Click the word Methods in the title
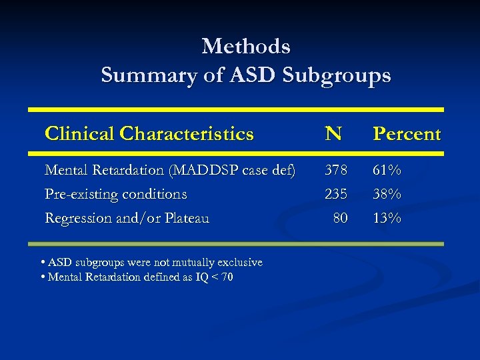point(245,47)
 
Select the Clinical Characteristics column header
point(149,134)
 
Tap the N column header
point(333,134)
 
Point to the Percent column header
point(407,134)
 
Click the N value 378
point(336,171)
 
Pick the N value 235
point(336,194)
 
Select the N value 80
point(340,217)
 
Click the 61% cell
point(387,171)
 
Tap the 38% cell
point(387,194)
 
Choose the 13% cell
point(387,217)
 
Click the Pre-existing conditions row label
point(115,194)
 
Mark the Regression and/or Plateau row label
point(127,217)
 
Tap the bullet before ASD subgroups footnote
point(43,263)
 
